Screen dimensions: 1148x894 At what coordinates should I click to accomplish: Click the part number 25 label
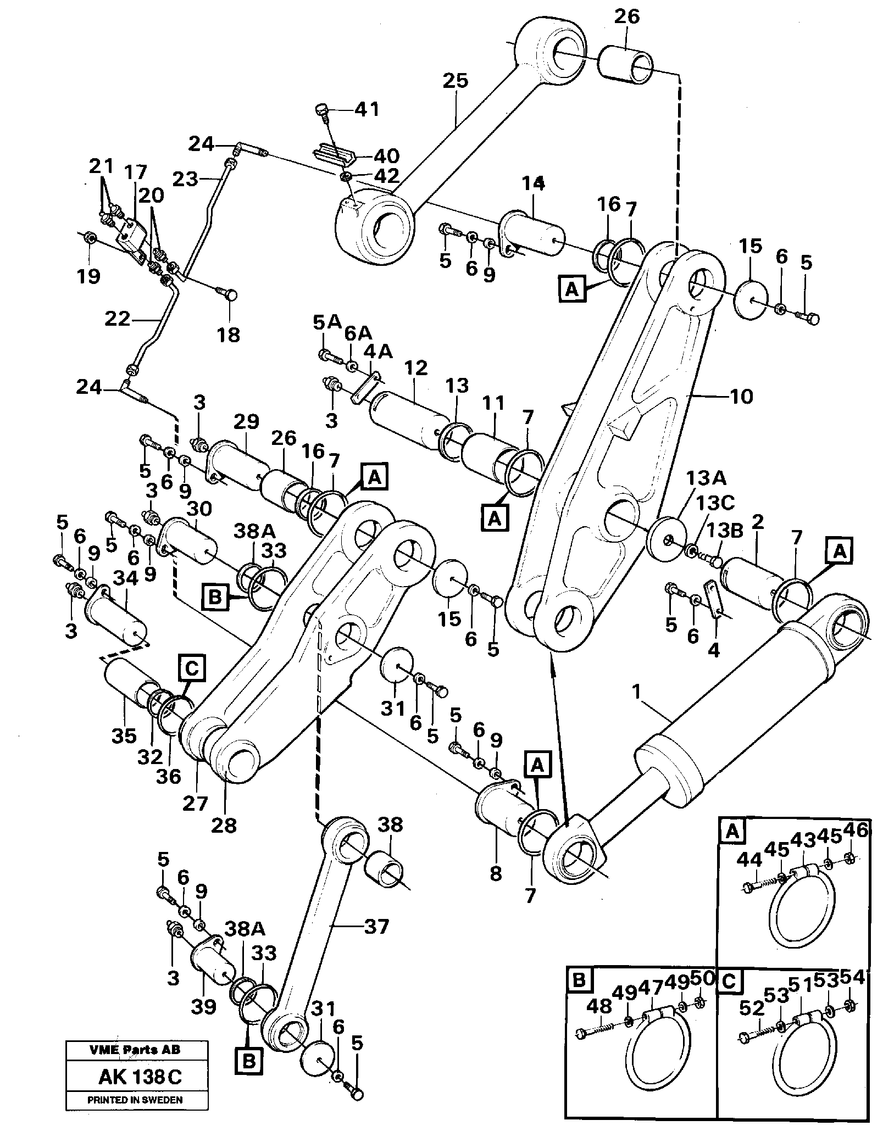tap(456, 81)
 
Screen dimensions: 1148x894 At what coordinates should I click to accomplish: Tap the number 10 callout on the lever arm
tap(741, 396)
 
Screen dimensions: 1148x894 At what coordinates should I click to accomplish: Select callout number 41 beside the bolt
tap(366, 110)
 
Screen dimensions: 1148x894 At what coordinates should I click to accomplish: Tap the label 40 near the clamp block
tap(386, 156)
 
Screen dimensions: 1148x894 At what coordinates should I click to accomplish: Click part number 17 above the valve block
tap(135, 173)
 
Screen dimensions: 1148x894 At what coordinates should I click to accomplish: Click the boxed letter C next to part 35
tap(191, 669)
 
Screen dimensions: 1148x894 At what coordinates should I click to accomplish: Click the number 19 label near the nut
tap(88, 275)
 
